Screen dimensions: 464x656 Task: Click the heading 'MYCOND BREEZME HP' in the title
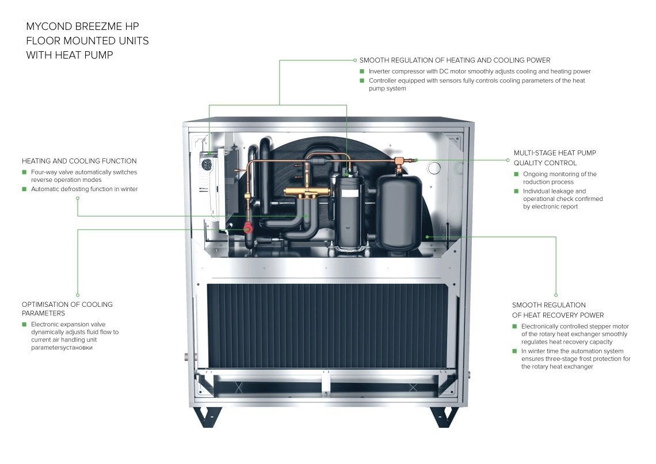82,26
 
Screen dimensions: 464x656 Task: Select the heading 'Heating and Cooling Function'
79,161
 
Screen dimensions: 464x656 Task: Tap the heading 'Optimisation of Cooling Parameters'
67,309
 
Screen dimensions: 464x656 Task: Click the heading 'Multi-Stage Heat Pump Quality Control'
554,158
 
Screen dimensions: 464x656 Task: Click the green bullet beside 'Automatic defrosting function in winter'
24,189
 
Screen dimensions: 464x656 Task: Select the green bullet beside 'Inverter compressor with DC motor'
362,71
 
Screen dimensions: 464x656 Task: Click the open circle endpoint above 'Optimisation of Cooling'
78,295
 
